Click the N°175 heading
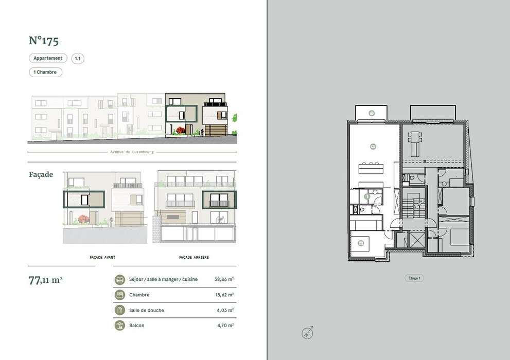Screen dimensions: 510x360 click(x=44, y=41)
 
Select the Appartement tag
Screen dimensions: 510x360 click(x=48, y=58)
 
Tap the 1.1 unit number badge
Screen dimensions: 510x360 click(x=78, y=59)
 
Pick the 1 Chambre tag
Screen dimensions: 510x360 click(x=45, y=72)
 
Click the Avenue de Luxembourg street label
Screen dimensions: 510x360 click(x=132, y=152)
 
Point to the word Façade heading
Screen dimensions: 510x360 click(x=41, y=174)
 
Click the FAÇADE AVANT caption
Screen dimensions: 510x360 click(x=102, y=257)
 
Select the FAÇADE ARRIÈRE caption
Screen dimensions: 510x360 click(x=194, y=257)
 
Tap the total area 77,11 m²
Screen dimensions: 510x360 click(x=45, y=280)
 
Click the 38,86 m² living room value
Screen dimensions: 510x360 click(x=224, y=279)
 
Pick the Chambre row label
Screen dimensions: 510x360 click(x=139, y=295)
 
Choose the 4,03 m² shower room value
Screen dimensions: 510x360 click(x=225, y=310)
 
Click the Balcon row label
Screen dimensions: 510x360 click(x=136, y=325)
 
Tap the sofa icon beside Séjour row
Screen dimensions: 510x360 click(x=120, y=279)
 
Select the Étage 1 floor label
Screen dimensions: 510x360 click(x=414, y=278)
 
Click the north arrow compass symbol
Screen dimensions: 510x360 click(x=307, y=333)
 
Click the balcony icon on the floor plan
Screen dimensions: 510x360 click(x=372, y=113)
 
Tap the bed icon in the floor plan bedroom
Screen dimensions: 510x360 click(x=361, y=243)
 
